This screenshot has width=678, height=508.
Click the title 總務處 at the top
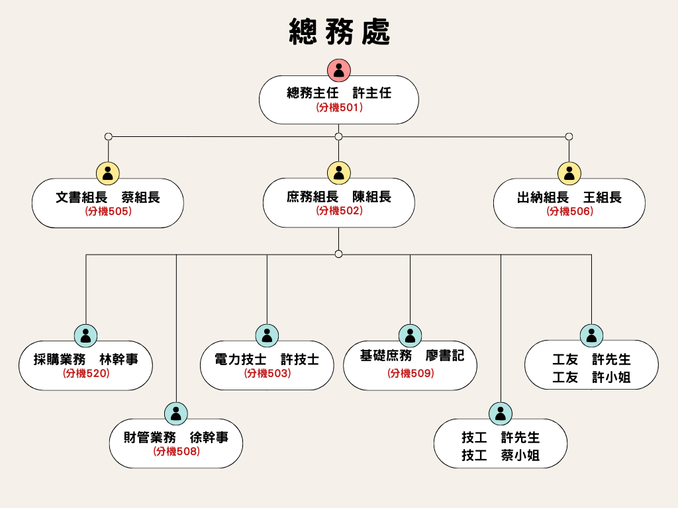point(339,31)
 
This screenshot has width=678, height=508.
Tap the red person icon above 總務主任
point(338,70)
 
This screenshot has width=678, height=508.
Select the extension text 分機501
point(338,107)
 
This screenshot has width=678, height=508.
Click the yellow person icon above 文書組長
point(108,173)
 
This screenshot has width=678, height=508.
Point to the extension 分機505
point(108,212)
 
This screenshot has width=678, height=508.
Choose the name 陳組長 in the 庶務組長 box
point(371,196)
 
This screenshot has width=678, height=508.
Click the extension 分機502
point(338,211)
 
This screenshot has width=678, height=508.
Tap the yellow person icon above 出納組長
point(569,173)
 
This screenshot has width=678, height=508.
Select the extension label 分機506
point(569,212)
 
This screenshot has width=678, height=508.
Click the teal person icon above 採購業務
point(85,335)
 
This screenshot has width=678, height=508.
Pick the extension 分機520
point(85,374)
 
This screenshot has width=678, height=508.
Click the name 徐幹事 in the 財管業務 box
point(209,437)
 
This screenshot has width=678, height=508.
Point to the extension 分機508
point(176,452)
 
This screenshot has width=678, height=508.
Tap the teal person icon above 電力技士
point(267,335)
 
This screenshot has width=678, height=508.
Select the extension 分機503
point(267,374)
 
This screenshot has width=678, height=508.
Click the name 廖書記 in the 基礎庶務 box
point(445,356)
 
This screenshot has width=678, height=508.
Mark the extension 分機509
point(410,374)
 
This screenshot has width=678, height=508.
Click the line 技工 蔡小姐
point(501,455)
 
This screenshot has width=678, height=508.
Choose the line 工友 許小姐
point(591,377)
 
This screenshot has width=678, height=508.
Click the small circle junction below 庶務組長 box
point(338,254)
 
